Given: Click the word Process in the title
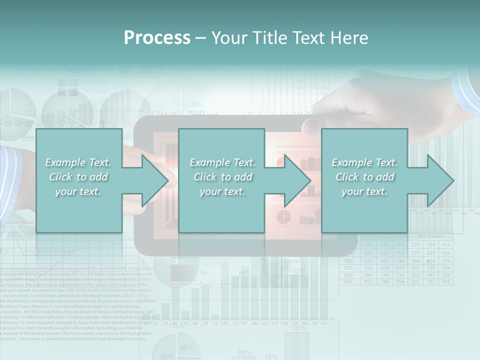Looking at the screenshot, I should click(157, 37).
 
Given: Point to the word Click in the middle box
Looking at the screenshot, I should click(207, 177).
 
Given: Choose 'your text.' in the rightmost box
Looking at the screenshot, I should click(364, 191).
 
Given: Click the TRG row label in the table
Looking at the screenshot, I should click(349, 261).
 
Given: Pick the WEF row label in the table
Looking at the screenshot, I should click(349, 275).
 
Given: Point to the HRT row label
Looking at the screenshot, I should click(349, 282).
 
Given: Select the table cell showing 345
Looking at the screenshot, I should click(446, 282).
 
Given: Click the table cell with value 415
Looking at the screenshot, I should click(446, 244).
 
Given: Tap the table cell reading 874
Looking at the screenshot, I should click(399, 268).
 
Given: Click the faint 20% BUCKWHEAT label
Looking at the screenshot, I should click(48, 251).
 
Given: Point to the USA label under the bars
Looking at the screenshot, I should click(176, 325).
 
